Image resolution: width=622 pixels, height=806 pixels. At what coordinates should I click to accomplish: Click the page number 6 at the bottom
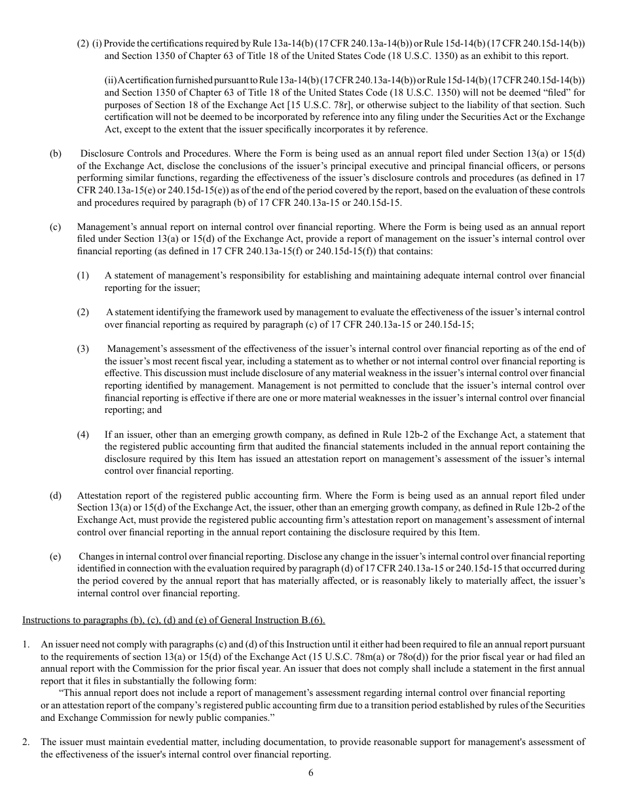(x=311, y=773)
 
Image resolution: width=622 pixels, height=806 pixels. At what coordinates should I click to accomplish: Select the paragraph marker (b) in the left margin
(x=56, y=154)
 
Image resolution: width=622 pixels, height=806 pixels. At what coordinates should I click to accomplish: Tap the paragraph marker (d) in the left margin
(x=56, y=495)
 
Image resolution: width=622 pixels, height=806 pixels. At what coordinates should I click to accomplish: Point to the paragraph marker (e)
(x=56, y=556)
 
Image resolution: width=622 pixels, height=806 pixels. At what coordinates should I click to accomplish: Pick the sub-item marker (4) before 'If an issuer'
(x=82, y=434)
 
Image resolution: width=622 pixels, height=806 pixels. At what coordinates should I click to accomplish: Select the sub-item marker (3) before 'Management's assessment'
(x=82, y=349)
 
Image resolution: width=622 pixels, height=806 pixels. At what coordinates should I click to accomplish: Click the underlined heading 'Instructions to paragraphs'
(x=173, y=619)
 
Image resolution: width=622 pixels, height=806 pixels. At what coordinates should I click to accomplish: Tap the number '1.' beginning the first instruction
(x=26, y=644)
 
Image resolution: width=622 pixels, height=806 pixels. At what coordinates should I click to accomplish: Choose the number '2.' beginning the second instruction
(x=26, y=742)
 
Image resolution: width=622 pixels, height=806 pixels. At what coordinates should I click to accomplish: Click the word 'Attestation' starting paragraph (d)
(x=100, y=495)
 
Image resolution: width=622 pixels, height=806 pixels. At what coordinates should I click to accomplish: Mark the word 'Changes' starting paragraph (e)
(x=96, y=556)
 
